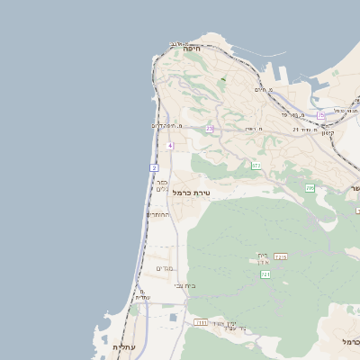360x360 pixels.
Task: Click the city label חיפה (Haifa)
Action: coord(191,49)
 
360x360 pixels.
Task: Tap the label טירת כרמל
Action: coord(190,193)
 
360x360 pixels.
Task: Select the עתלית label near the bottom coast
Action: coord(123,346)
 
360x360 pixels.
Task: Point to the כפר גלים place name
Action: coord(161,184)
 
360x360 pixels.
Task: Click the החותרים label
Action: coord(158,215)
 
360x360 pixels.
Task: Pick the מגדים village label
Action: coord(165,268)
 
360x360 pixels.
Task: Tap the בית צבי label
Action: coord(185,285)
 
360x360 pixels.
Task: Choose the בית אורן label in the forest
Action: coord(263,258)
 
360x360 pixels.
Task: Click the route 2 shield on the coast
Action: coord(154,167)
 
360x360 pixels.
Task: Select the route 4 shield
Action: coord(169,145)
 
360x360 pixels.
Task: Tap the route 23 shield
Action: coord(210,129)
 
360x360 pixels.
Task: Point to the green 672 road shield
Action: coord(256,166)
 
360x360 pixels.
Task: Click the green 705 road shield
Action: coord(310,188)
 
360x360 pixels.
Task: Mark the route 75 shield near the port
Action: coord(320,115)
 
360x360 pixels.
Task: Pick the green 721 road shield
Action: coord(265,274)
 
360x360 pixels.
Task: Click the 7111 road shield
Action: coord(200,322)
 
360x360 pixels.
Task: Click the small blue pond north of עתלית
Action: coord(173,316)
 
